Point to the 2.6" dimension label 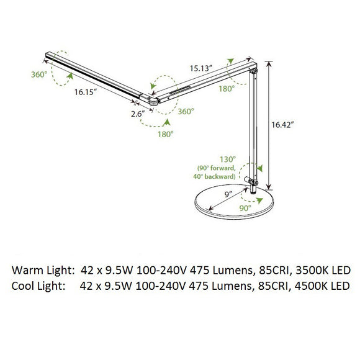pyautogui.click(x=137, y=113)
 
